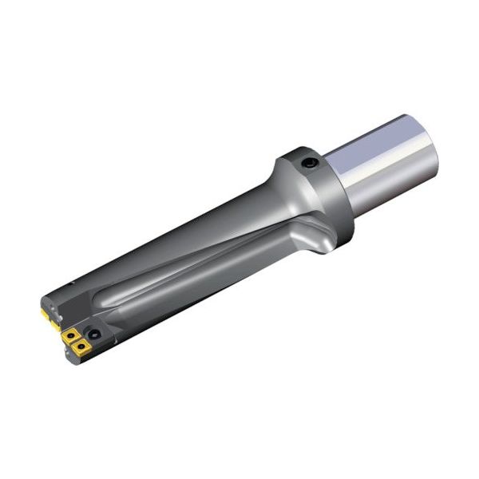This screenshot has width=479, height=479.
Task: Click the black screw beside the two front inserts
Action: pyautogui.click(x=94, y=335)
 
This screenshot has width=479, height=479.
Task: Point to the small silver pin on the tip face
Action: pyautogui.click(x=60, y=318)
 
